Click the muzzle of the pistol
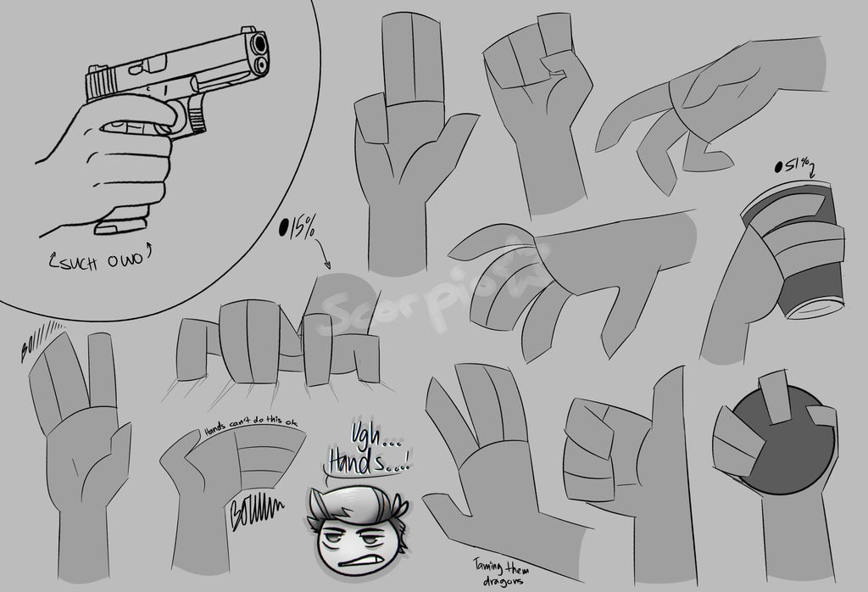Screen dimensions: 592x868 258,44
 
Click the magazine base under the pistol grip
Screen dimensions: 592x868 120,227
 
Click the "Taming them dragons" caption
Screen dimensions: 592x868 500,572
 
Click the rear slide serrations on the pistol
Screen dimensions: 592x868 102,83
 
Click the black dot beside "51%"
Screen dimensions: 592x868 780,167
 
